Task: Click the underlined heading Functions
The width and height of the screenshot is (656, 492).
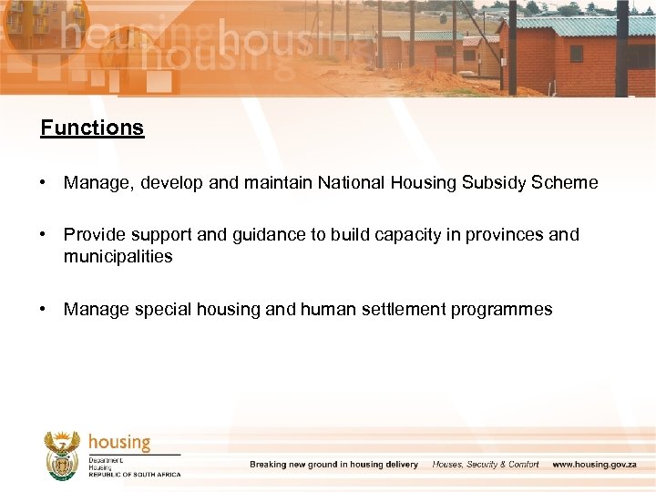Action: [92, 128]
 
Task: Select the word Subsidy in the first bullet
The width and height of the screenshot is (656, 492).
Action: [493, 183]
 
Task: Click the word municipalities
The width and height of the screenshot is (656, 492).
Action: [118, 257]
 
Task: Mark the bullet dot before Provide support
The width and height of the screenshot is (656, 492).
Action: [44, 235]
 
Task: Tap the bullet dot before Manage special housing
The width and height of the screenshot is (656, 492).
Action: [44, 310]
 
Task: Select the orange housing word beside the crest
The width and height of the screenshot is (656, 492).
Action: [119, 442]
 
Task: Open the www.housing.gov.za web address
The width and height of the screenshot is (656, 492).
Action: [595, 465]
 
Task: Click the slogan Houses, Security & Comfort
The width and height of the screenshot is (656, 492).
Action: [486, 465]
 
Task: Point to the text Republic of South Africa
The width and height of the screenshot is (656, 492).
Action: [135, 475]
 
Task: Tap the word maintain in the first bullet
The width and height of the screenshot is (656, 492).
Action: [278, 183]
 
